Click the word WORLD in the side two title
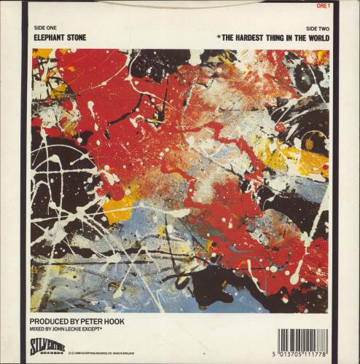point(314,36)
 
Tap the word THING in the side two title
point(289,36)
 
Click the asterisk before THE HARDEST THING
point(219,36)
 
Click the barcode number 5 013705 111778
point(302,355)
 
